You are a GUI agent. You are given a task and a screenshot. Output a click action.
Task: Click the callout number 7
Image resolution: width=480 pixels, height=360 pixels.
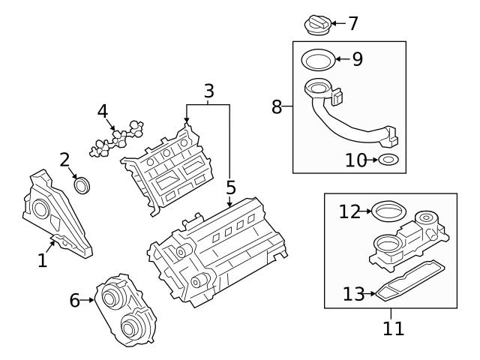coord(353,23)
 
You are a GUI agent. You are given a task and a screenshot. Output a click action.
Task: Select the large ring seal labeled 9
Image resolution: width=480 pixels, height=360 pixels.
coord(317,58)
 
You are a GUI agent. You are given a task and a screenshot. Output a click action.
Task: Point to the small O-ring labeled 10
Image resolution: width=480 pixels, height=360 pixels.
coord(388,160)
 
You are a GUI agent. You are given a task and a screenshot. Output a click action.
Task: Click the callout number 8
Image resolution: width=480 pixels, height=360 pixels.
coord(277,106)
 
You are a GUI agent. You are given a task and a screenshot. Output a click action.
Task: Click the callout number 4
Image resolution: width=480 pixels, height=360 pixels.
coord(103,112)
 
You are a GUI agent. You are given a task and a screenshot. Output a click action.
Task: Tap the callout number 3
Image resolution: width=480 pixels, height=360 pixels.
coord(209,91)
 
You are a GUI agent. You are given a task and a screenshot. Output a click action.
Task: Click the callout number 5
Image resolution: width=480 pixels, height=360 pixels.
coord(230,187)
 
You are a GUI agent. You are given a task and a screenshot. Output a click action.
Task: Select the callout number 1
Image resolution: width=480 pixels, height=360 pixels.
coord(43,260)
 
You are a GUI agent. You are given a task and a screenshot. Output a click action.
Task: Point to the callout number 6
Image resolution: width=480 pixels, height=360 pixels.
coord(74,301)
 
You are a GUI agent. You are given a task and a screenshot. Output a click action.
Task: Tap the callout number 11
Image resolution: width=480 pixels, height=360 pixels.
coord(393,328)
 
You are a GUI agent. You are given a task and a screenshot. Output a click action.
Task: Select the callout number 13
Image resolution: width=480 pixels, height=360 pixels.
coord(353,295)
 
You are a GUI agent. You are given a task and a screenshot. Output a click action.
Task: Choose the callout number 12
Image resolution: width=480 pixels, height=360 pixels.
coord(349,211)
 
